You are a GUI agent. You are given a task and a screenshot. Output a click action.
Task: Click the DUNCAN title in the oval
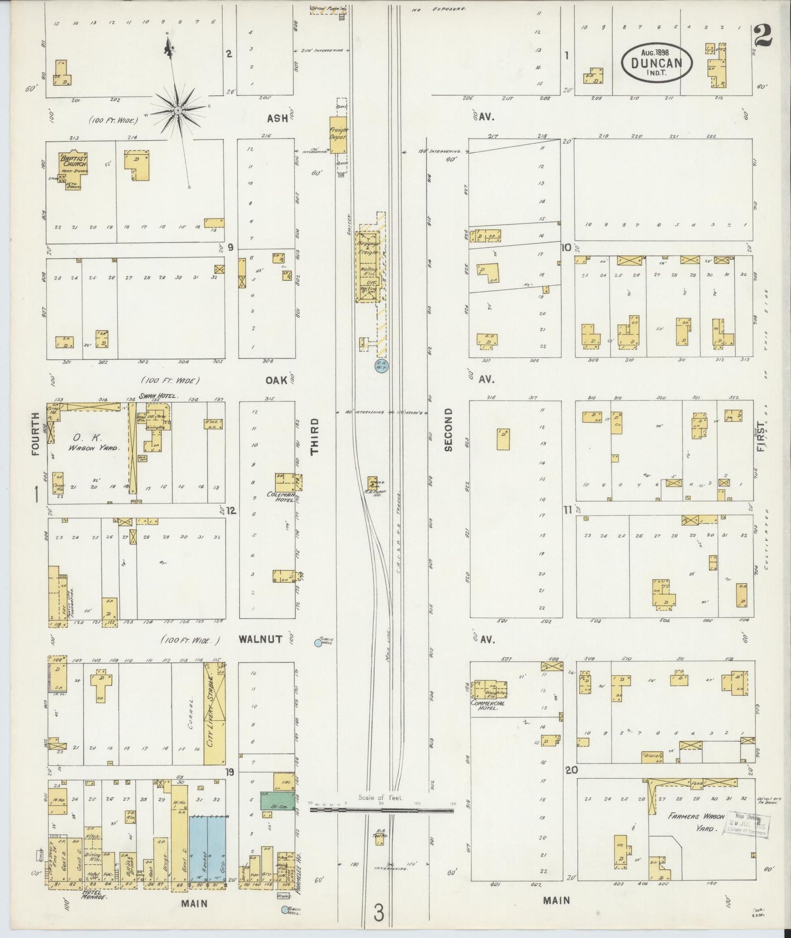[657, 62]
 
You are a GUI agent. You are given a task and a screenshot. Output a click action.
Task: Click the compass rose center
[178, 111]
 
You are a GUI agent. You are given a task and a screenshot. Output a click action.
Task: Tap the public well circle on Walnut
[318, 644]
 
